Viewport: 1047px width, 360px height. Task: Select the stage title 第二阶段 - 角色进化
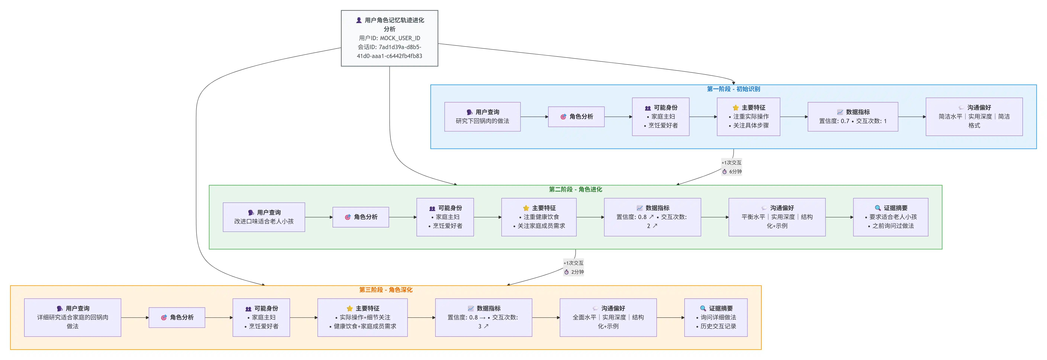(575, 189)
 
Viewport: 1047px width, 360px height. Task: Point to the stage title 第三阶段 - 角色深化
(385, 290)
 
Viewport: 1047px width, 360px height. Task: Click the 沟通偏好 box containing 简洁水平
(974, 117)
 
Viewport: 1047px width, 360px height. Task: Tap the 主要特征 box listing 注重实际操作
(748, 117)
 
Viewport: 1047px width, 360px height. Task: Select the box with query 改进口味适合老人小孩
(264, 217)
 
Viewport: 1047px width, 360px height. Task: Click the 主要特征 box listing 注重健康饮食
(539, 217)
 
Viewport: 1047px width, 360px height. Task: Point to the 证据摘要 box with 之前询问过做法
(890, 217)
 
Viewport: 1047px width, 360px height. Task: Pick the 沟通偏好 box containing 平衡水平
(777, 217)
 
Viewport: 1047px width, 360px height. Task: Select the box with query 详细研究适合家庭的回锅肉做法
(72, 317)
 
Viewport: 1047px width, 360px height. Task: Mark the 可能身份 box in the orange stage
(261, 317)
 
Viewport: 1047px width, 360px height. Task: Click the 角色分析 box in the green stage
(360, 217)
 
